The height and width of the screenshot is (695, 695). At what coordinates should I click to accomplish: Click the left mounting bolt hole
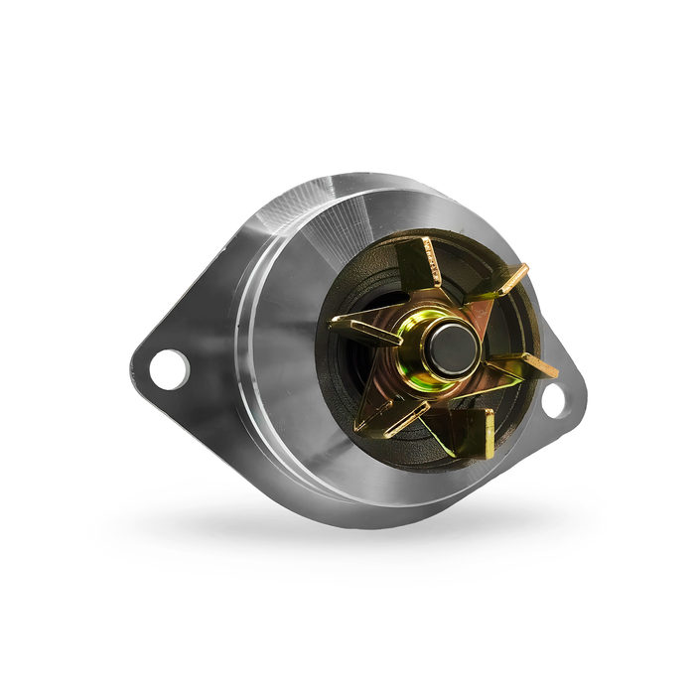[x=169, y=367]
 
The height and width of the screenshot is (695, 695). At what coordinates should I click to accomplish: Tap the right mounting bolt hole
[x=553, y=399]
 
